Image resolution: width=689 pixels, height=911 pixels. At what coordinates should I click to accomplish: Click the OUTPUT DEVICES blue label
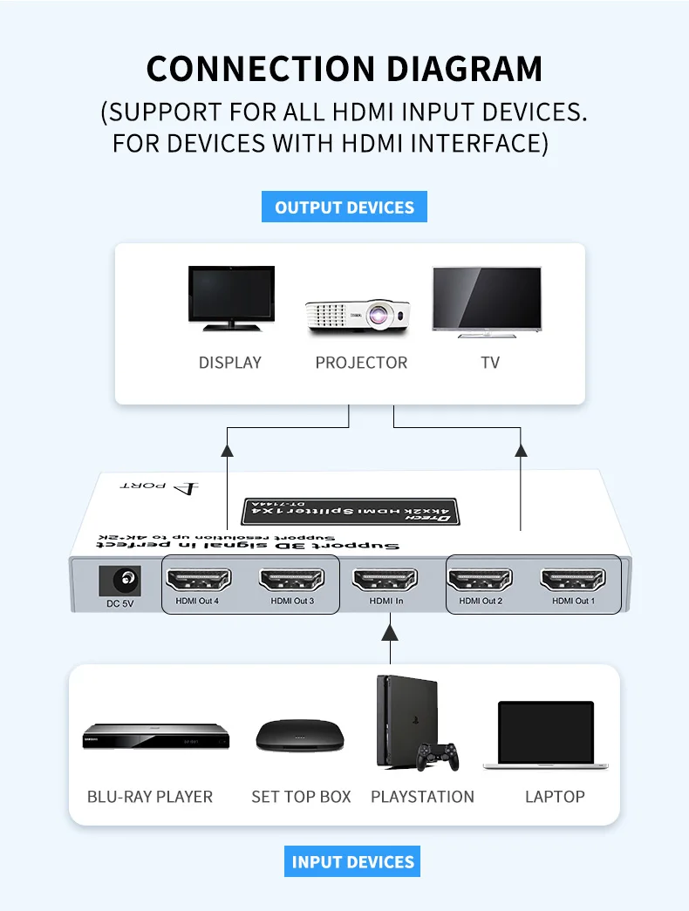(344, 207)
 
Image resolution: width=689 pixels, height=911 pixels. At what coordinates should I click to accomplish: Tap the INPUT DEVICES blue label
(352, 861)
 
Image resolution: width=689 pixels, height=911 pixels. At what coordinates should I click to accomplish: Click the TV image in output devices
(487, 300)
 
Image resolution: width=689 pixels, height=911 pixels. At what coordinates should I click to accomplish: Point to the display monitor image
(231, 298)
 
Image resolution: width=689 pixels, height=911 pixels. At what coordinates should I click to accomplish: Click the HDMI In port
(385, 579)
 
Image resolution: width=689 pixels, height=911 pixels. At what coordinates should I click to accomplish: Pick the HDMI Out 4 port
(197, 579)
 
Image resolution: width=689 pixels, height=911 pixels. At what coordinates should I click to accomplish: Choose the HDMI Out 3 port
(291, 579)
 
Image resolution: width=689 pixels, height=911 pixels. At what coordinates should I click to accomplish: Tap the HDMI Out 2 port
(480, 579)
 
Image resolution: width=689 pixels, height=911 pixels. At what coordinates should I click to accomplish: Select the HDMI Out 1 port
(573, 579)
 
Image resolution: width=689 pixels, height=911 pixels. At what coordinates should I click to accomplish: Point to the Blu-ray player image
(155, 737)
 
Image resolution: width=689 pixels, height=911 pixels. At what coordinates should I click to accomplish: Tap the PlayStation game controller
(437, 755)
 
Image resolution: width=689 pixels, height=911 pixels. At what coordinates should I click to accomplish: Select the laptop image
(545, 736)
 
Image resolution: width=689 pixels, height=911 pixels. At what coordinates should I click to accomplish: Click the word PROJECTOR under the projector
(361, 363)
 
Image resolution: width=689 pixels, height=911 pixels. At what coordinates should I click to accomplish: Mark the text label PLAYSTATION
(422, 797)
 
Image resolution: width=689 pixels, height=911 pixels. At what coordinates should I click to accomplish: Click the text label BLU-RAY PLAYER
(150, 797)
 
